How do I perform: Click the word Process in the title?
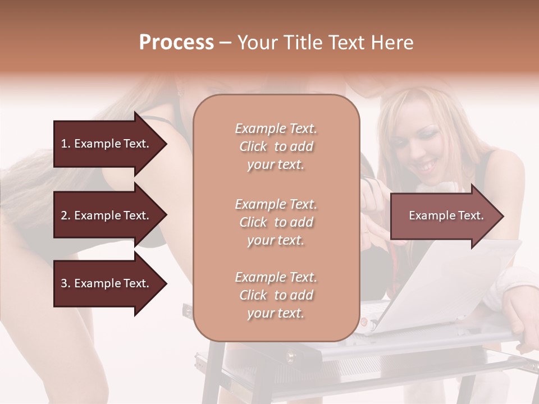(x=176, y=42)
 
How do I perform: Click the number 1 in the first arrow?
(x=63, y=144)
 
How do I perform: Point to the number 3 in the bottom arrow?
(x=63, y=283)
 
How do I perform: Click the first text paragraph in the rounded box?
(x=276, y=146)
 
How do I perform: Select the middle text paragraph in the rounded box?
(x=276, y=222)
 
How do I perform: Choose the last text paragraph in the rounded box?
(x=276, y=295)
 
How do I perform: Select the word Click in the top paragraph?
(x=253, y=146)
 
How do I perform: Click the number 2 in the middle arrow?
(x=63, y=215)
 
